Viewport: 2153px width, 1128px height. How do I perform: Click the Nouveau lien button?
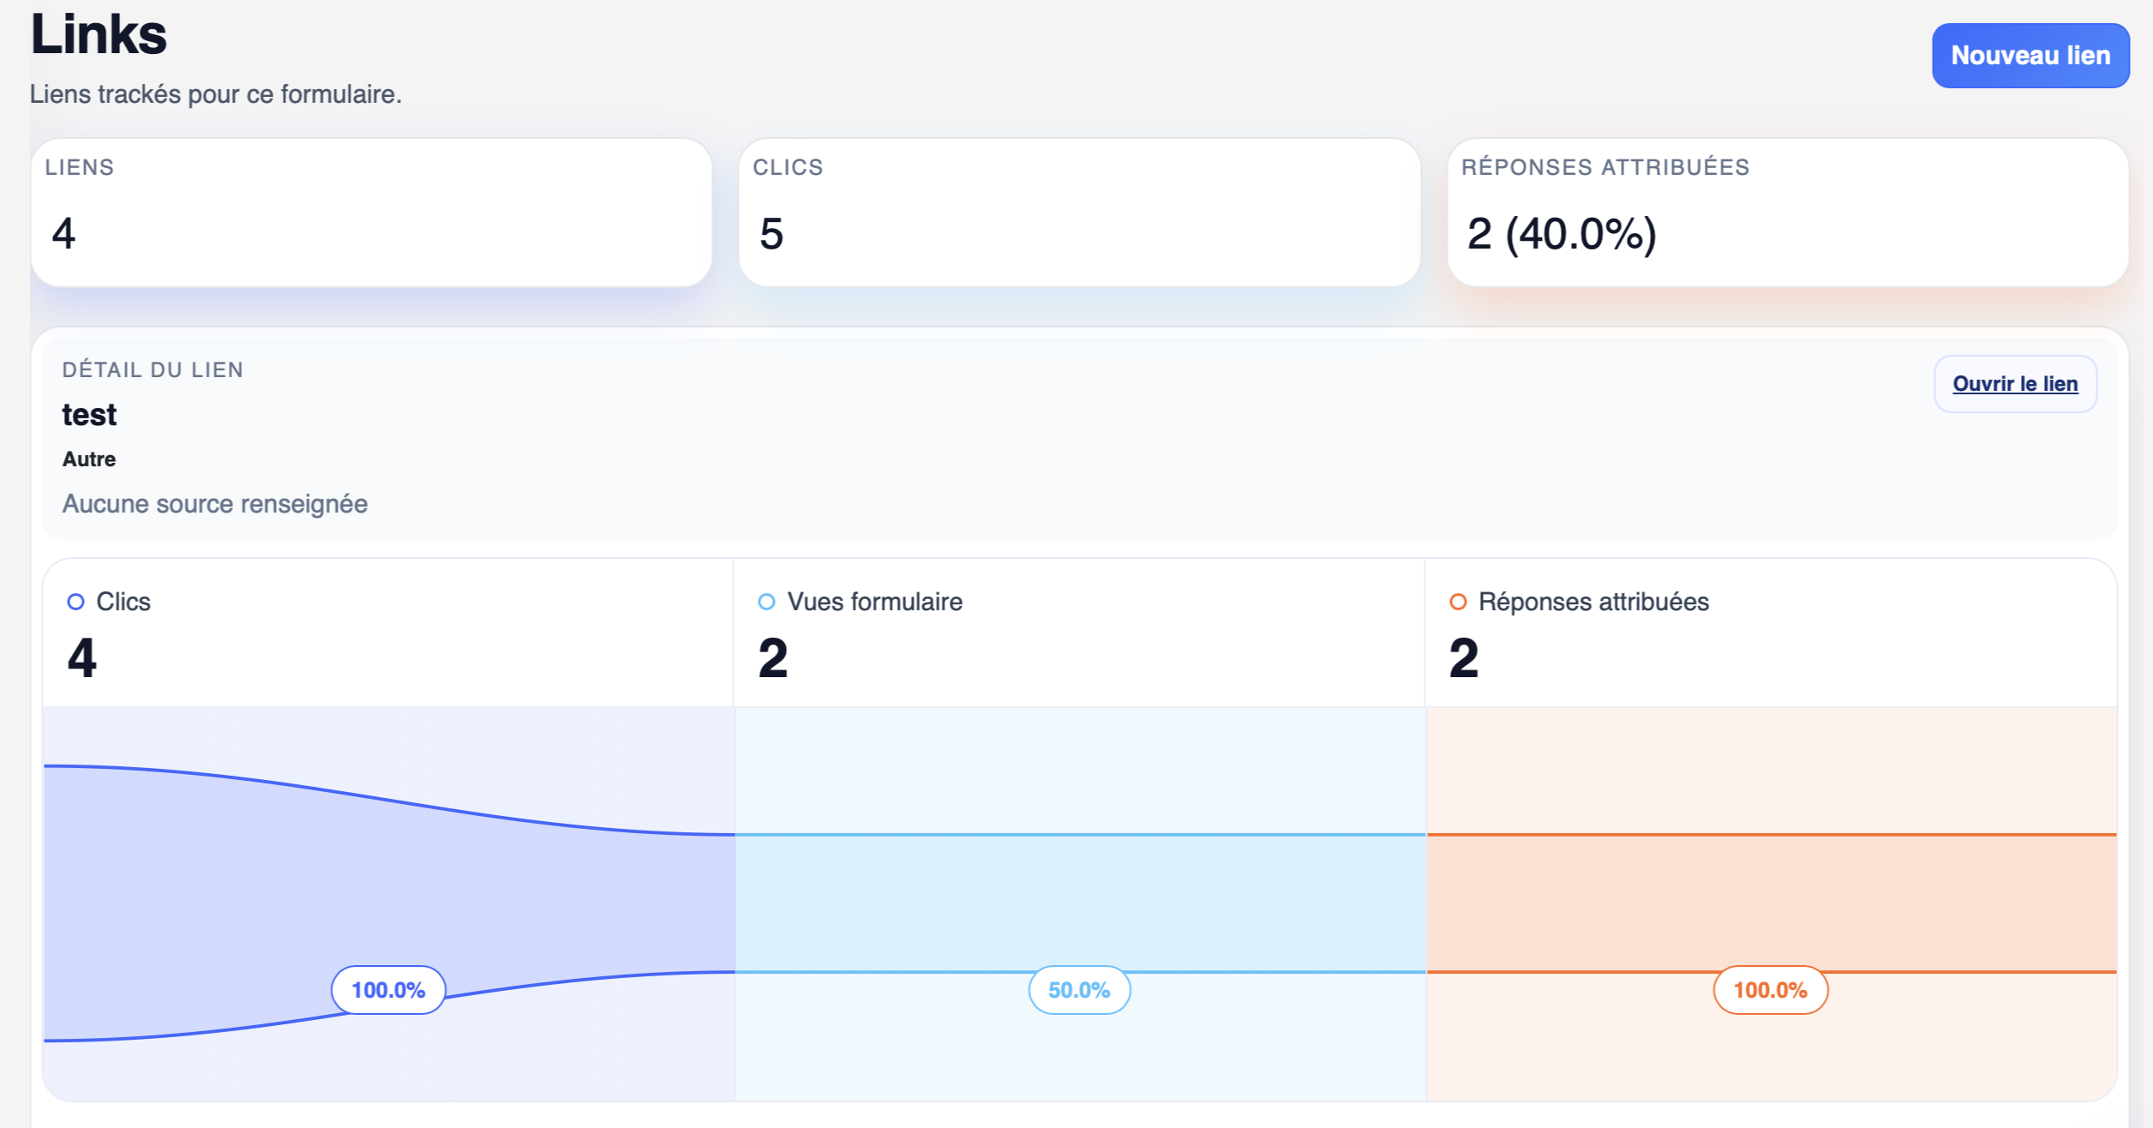(2030, 56)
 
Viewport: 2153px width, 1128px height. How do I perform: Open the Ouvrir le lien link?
(2014, 384)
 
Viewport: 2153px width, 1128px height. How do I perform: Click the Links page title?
(99, 35)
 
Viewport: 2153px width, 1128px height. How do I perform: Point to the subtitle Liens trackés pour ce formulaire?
(215, 94)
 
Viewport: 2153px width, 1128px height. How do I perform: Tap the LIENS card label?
(80, 167)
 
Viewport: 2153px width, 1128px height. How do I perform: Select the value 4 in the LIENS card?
(63, 234)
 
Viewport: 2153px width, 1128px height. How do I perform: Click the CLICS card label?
(788, 167)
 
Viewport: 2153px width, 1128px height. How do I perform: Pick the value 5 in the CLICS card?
(771, 234)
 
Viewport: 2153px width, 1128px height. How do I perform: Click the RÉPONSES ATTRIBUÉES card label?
(1604, 167)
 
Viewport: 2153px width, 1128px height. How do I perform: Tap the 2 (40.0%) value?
(1562, 234)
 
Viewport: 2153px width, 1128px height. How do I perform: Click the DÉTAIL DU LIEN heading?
(153, 370)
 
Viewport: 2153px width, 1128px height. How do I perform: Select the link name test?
(89, 415)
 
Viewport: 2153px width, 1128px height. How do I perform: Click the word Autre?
(89, 459)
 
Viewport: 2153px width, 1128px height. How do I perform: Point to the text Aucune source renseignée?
(215, 504)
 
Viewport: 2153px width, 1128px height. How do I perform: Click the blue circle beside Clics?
(75, 602)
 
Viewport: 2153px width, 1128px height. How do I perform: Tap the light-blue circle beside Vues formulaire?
(766, 602)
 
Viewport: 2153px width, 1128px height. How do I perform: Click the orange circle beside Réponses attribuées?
(1457, 602)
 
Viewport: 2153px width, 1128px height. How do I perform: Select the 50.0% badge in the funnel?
(1079, 990)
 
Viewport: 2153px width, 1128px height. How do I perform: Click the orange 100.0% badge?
(1770, 990)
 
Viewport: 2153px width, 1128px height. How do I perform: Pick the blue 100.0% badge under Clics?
(388, 990)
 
